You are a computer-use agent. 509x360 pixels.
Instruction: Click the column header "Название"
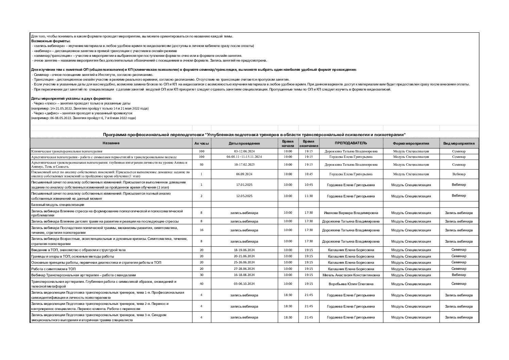pos(111,143)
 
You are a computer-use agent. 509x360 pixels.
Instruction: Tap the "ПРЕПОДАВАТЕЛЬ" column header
pos(351,143)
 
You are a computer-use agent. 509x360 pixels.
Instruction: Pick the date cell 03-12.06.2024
pos(244,151)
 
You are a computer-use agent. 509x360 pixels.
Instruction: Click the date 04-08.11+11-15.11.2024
pos(244,157)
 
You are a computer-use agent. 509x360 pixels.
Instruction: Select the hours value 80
pos(201,165)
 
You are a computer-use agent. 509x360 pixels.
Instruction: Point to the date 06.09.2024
pos(244,174)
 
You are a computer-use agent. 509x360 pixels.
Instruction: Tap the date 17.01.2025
pos(244,185)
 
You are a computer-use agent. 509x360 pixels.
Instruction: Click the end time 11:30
pos(309,196)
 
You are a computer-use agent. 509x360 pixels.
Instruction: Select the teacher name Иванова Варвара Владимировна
pos(351,213)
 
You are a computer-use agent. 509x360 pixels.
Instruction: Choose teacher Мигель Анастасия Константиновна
pos(351,275)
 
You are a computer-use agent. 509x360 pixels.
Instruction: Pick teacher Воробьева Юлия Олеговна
pos(351,284)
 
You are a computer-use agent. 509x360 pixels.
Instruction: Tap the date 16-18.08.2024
pos(244,275)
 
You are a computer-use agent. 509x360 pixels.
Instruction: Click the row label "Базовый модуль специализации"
pos(57,205)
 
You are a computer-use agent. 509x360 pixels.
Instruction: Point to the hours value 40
pos(201,284)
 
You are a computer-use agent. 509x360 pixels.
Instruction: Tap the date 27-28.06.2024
pos(244,268)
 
